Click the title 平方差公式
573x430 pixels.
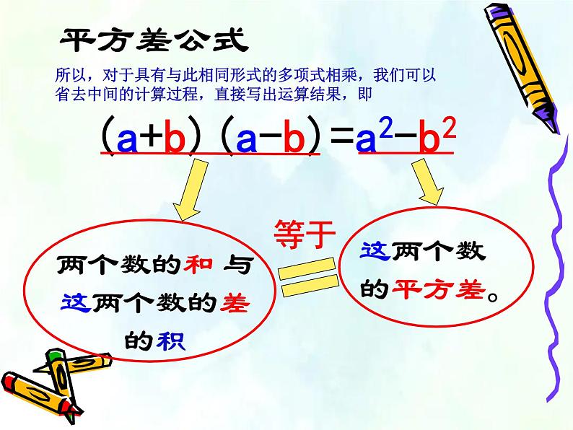(154, 40)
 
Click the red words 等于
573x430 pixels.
(305, 234)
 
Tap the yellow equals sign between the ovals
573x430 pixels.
(308, 276)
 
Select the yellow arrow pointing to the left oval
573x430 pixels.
(191, 190)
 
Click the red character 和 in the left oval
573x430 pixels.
(198, 264)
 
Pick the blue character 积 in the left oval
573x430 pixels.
(170, 341)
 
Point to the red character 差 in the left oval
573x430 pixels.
(235, 303)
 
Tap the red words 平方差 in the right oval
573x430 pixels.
(439, 289)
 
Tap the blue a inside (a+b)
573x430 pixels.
(127, 139)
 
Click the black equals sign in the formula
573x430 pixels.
(342, 136)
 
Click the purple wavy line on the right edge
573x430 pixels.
(556, 267)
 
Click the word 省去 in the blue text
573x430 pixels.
(71, 94)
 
